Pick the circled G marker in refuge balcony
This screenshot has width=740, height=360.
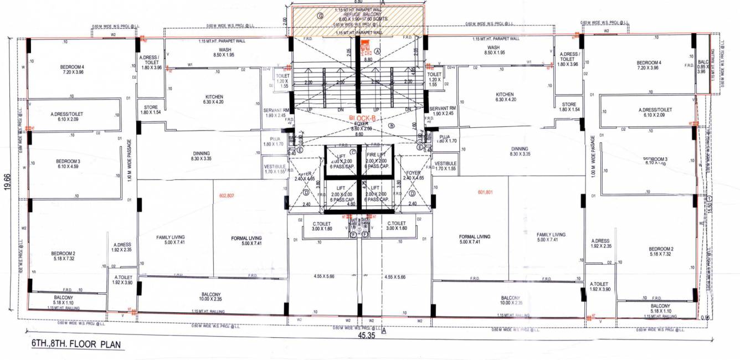[320, 16]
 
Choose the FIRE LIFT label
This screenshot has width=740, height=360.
[377, 158]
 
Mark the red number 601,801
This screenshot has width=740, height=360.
[485, 192]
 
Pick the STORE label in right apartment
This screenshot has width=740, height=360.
[569, 107]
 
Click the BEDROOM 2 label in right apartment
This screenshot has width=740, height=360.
[661, 251]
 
